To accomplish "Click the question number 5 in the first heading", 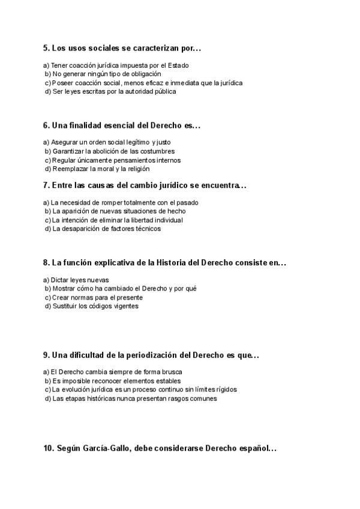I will [46, 48].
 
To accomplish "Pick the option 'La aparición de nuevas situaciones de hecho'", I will [118, 211].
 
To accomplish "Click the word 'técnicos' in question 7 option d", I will [148, 229].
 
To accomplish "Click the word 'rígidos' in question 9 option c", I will [226, 390].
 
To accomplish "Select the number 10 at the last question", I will [49, 448].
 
